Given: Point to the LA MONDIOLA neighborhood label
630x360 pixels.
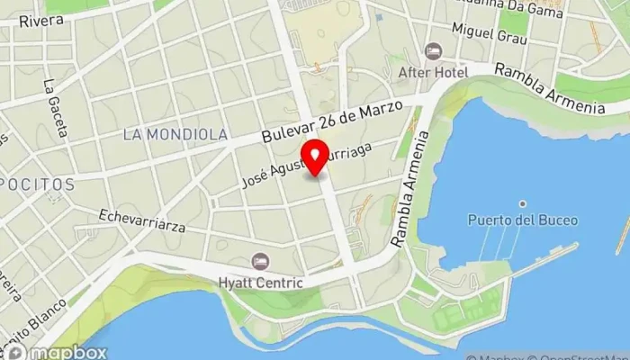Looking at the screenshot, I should coord(175,134).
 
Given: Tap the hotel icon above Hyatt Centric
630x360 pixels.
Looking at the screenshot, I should coord(261,260).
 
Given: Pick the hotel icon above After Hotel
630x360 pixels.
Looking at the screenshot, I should coord(433,50).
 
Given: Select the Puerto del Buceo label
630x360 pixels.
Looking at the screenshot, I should coord(522,220).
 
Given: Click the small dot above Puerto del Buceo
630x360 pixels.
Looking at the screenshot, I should coord(522,203).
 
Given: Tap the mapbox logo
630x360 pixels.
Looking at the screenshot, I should coord(56,351).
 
